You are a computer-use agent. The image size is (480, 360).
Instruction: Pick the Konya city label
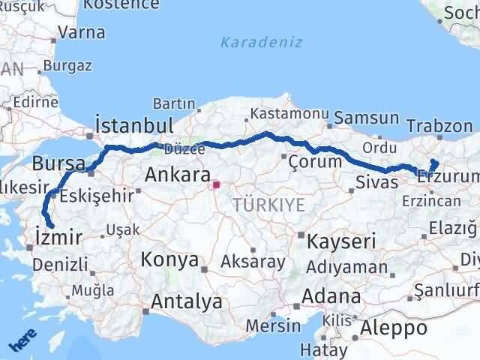[170, 260]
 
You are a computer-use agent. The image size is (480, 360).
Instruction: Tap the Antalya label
[187, 301]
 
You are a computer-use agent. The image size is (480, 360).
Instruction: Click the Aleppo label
[394, 328]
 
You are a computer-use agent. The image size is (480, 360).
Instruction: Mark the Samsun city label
[367, 118]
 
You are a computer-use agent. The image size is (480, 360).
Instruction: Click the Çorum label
[319, 160]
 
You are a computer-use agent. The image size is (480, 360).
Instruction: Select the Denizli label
[60, 263]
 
